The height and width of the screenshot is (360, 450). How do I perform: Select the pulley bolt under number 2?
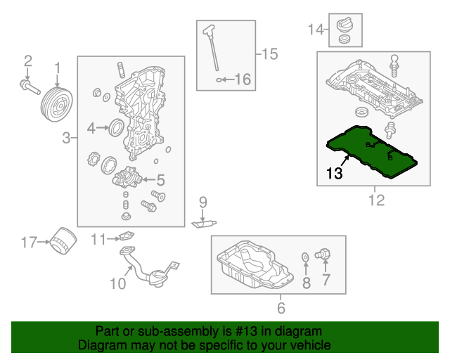[x=29, y=88]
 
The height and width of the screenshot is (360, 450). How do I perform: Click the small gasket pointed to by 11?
[x=124, y=238]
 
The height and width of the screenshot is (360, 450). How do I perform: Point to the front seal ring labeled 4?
[x=117, y=127]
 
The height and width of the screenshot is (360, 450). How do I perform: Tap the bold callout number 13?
[x=334, y=173]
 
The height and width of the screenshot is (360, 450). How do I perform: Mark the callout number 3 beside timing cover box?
[x=66, y=139]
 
